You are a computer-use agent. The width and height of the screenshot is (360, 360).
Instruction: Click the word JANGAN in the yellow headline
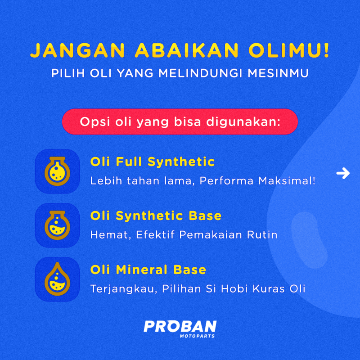click(77, 50)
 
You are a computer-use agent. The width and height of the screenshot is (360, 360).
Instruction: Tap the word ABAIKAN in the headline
click(187, 50)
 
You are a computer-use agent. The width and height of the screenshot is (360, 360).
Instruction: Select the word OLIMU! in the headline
click(289, 50)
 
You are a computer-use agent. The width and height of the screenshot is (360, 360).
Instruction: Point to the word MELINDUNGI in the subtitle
click(200, 73)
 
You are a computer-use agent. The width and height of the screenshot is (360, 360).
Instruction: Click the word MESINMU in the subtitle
click(278, 73)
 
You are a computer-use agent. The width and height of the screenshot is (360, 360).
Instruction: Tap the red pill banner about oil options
click(180, 121)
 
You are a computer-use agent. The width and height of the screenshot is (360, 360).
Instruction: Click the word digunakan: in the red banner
click(243, 122)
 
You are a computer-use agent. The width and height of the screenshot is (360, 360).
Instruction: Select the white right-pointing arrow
click(343, 173)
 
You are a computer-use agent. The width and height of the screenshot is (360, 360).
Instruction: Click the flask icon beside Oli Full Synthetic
click(57, 171)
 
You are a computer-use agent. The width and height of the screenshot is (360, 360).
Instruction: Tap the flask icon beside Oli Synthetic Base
click(57, 225)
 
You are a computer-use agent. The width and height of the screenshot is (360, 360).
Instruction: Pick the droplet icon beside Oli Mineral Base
click(57, 279)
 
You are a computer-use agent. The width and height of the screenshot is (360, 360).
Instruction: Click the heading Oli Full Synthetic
click(153, 162)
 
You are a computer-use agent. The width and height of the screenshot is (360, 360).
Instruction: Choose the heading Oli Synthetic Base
click(156, 216)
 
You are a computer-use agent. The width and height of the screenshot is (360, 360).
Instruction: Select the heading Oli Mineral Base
click(148, 270)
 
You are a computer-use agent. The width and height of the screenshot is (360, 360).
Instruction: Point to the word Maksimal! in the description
click(287, 181)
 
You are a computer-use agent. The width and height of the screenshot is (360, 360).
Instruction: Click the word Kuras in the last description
click(269, 289)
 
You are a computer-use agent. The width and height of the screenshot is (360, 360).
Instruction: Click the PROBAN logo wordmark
click(180, 326)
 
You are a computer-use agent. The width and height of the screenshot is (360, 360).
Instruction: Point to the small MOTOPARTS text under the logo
click(197, 336)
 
